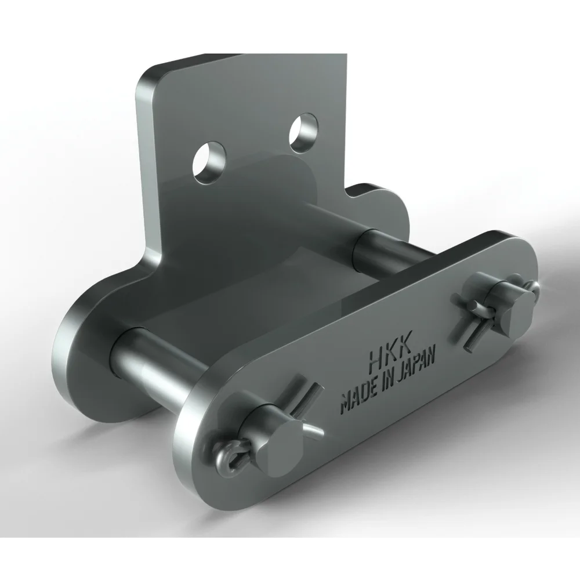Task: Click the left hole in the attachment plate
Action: pyautogui.click(x=209, y=162)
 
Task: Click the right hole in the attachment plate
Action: pyautogui.click(x=303, y=133)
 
